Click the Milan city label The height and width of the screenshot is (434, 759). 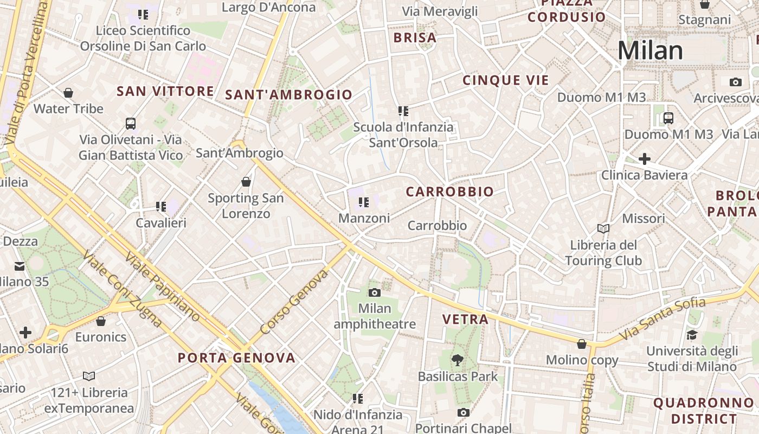(x=650, y=50)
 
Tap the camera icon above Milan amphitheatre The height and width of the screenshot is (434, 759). (x=374, y=293)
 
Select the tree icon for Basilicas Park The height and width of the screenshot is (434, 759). (x=458, y=359)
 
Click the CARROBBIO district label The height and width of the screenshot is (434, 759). (x=449, y=192)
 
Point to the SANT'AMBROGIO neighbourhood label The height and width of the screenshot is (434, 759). (x=288, y=95)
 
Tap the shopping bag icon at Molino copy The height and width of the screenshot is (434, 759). (x=582, y=344)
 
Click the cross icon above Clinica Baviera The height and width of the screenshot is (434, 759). (x=644, y=159)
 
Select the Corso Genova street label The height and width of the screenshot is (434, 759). (x=294, y=302)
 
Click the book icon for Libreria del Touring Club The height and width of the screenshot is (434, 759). (x=603, y=228)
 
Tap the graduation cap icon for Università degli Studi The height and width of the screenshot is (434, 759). (x=692, y=335)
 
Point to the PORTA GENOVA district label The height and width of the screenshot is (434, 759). (x=237, y=358)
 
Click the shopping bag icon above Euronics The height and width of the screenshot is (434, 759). (x=100, y=321)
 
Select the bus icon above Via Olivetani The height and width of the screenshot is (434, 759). (x=131, y=123)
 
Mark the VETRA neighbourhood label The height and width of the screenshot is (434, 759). (x=465, y=320)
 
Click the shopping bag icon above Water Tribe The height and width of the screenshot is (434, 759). (x=68, y=93)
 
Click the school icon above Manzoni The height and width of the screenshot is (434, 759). (x=363, y=202)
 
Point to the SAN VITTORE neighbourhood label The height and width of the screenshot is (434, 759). (x=165, y=91)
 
